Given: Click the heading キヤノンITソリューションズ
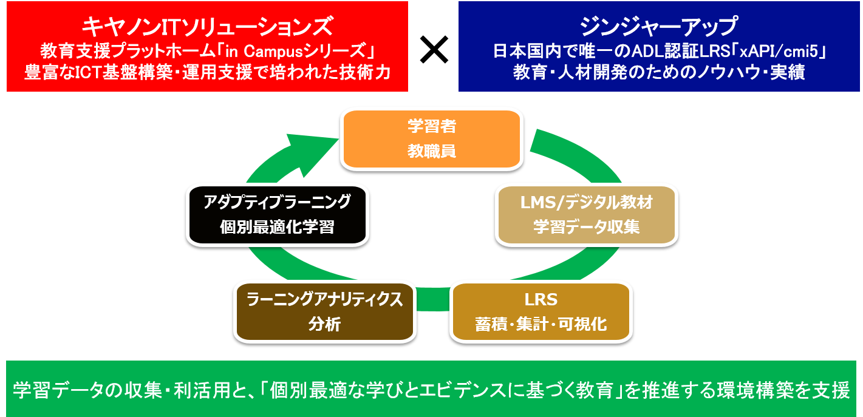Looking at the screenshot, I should point(207,27).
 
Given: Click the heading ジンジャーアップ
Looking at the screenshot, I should point(658,27).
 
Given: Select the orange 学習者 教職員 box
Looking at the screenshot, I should point(431,139).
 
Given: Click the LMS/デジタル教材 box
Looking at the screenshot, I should point(586,214).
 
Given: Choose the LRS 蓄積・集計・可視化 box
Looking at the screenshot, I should point(541,311).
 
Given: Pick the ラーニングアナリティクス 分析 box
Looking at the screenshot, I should point(325,311).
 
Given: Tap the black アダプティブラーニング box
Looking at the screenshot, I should point(277,214).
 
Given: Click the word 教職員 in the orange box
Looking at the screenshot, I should point(431,151).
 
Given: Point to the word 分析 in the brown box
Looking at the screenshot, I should point(324,324).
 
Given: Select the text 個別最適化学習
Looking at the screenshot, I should point(277,227).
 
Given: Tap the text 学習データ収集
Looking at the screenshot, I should point(586,227).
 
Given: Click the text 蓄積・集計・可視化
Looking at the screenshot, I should point(541,324).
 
